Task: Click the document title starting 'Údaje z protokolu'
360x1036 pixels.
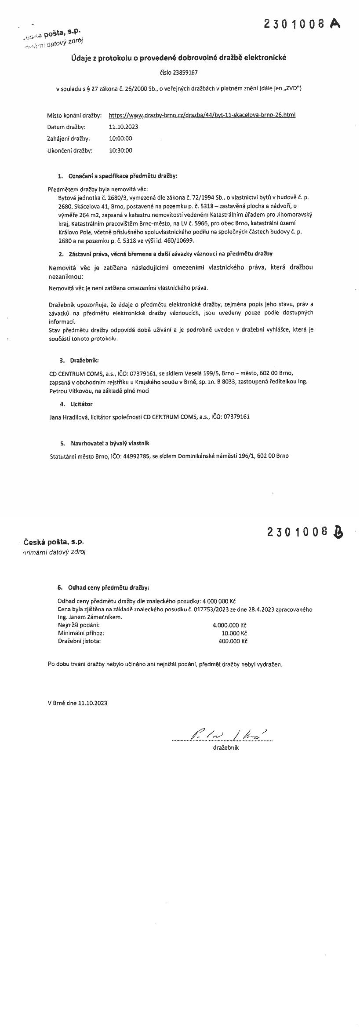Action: (x=179, y=58)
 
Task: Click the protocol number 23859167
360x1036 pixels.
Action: (x=179, y=73)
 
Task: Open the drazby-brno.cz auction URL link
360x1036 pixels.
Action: (x=202, y=115)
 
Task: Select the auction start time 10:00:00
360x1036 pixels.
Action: (x=120, y=139)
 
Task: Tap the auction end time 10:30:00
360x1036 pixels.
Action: (x=120, y=150)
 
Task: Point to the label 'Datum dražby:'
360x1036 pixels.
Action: (x=66, y=127)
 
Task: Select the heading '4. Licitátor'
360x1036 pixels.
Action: (x=76, y=404)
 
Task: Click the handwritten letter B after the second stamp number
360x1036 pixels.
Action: (x=338, y=532)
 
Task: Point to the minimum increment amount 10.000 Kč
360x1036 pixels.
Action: (x=235, y=633)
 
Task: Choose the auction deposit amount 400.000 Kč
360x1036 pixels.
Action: (x=233, y=641)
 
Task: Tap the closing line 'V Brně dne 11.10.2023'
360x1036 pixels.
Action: (x=77, y=703)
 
